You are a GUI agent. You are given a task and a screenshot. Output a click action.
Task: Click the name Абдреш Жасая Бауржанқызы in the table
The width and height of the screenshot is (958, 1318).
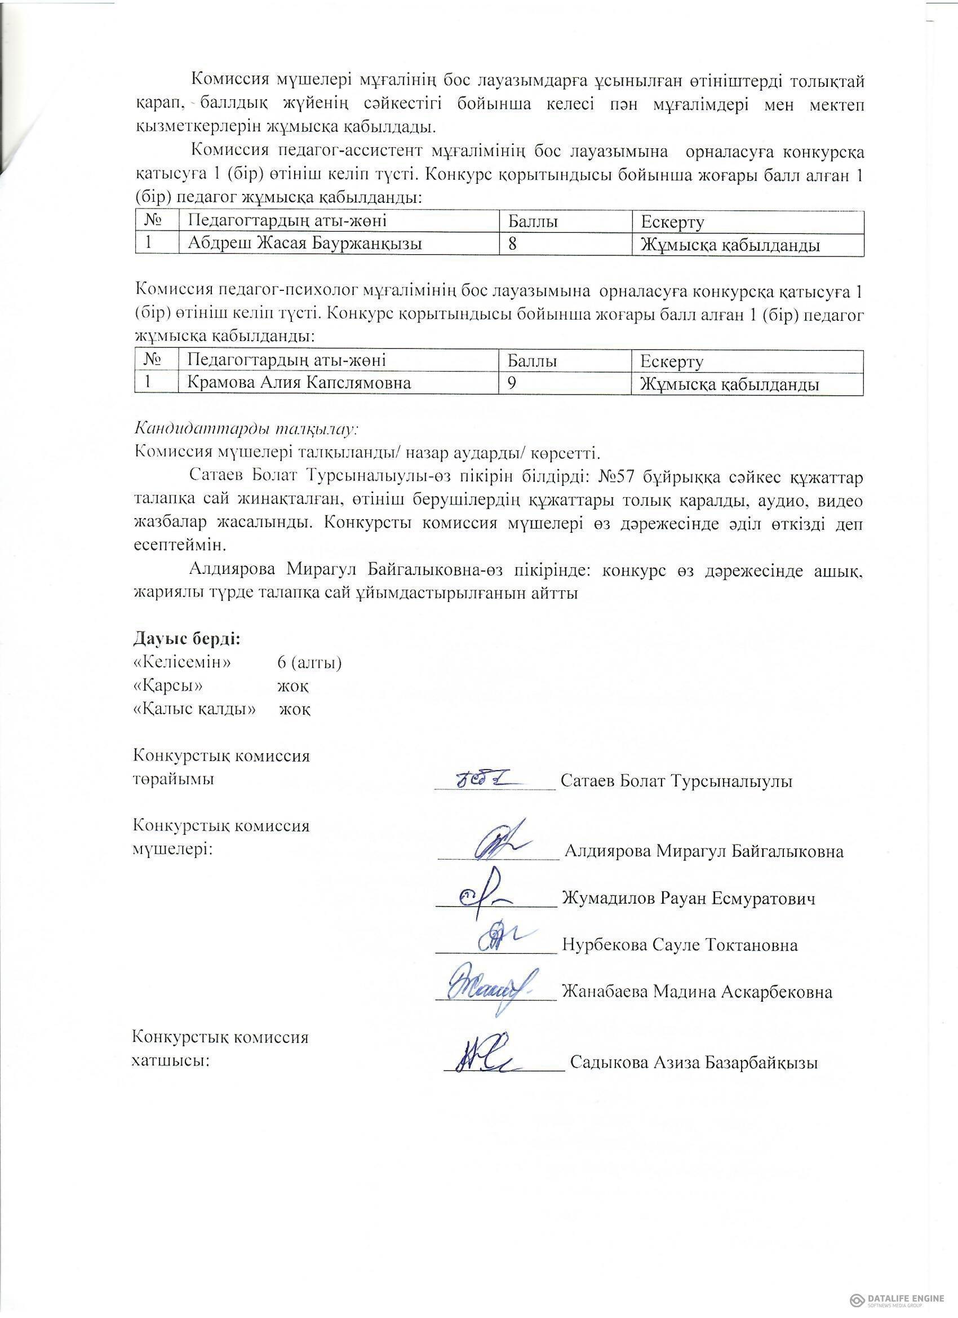(x=304, y=244)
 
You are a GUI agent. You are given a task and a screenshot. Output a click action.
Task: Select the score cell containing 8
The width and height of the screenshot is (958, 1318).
(x=512, y=244)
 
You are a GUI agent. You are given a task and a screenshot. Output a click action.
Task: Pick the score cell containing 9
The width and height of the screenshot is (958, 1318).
(x=512, y=383)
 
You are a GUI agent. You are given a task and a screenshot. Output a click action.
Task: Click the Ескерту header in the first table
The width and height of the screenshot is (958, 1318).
(x=672, y=222)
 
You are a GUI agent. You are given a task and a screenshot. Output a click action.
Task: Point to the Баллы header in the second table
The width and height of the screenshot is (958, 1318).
(x=532, y=361)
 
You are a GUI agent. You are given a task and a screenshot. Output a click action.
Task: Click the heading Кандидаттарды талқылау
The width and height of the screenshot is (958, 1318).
(x=247, y=430)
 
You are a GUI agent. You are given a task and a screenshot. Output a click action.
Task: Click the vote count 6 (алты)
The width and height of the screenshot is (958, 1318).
(x=309, y=662)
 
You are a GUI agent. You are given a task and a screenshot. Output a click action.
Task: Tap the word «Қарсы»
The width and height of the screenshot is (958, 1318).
(x=168, y=685)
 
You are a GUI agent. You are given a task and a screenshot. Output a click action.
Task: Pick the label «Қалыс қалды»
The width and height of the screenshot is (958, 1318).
(x=194, y=710)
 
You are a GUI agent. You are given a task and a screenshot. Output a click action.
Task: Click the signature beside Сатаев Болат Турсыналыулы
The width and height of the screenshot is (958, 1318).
(x=490, y=779)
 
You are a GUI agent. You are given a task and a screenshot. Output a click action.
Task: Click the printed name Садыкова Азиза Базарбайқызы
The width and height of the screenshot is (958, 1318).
(x=694, y=1063)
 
